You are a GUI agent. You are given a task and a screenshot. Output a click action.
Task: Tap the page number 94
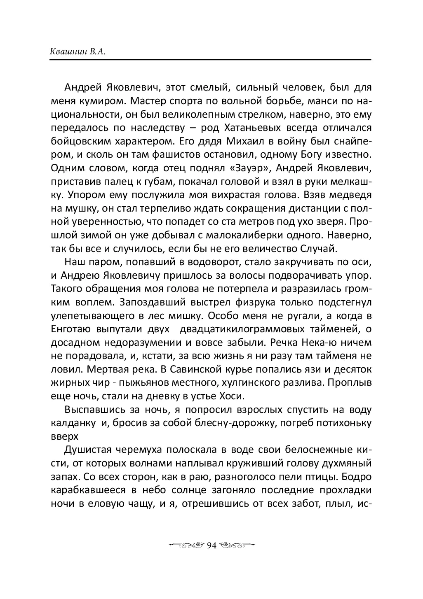pyautogui.click(x=211, y=545)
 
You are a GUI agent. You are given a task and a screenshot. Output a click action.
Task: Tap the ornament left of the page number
pyautogui.click(x=186, y=545)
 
